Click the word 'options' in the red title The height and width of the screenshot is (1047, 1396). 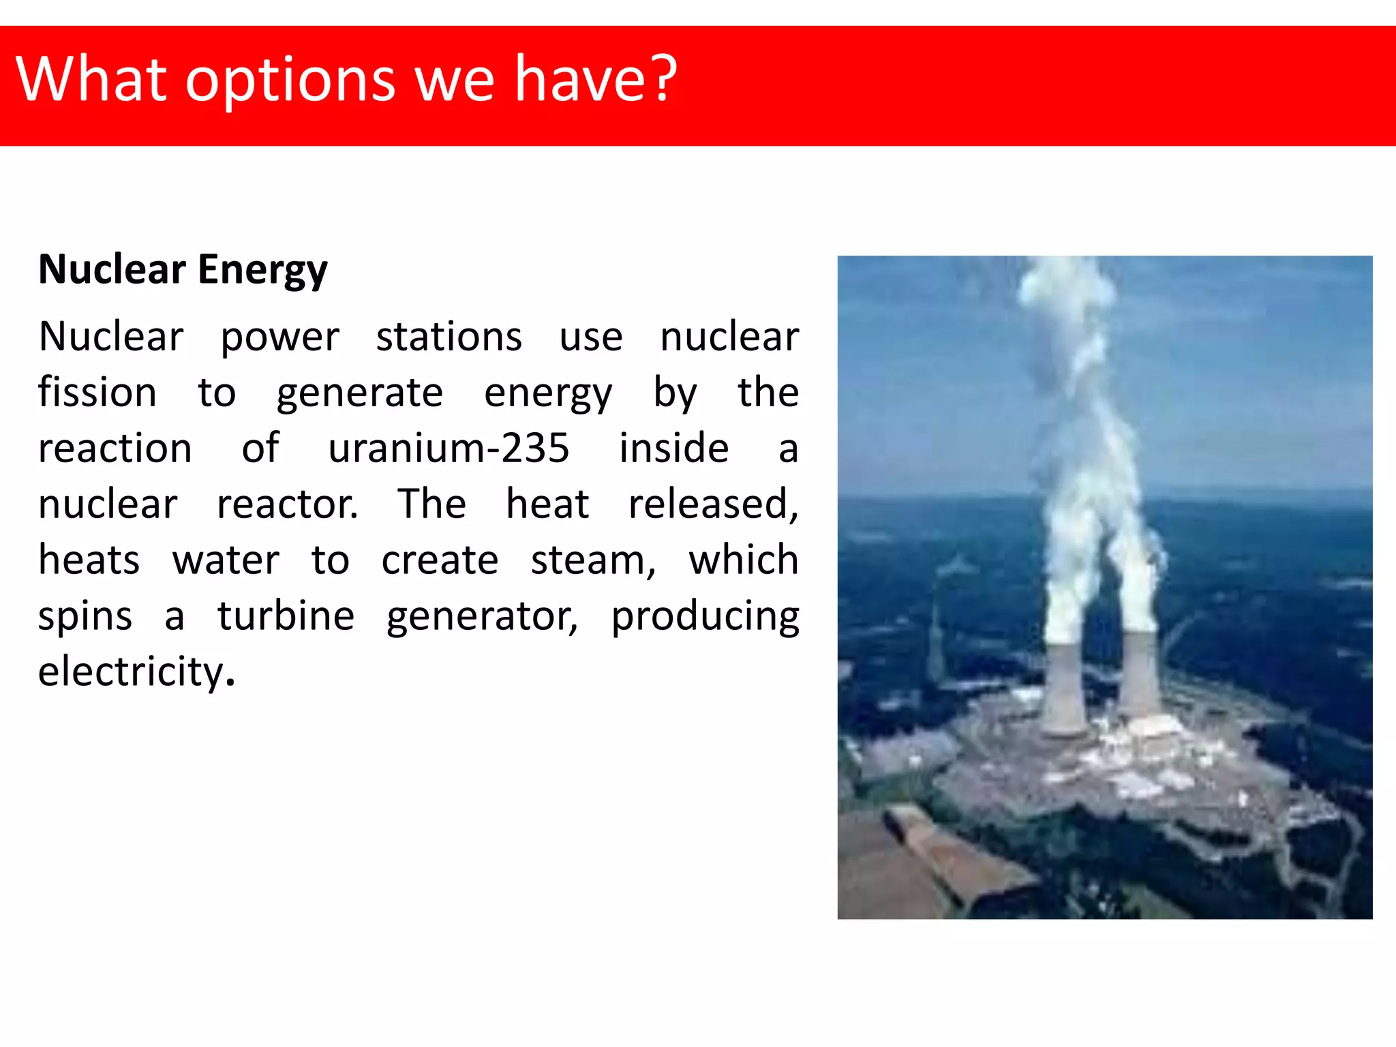pyautogui.click(x=290, y=80)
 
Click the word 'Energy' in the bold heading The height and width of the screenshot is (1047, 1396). pyautogui.click(x=262, y=270)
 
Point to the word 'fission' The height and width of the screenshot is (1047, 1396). pyautogui.click(x=97, y=393)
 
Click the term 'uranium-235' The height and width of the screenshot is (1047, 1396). pyautogui.click(x=449, y=449)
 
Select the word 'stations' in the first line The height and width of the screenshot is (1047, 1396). pyautogui.click(x=449, y=337)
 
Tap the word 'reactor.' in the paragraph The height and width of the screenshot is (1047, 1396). pyautogui.click(x=287, y=504)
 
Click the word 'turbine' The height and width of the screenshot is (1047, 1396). pyautogui.click(x=286, y=616)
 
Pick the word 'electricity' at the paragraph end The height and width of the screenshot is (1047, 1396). pyautogui.click(x=131, y=672)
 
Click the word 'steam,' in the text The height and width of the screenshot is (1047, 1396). pyautogui.click(x=593, y=560)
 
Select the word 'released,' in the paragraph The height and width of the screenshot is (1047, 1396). pyautogui.click(x=713, y=504)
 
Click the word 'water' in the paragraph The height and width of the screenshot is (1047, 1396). pyautogui.click(x=226, y=560)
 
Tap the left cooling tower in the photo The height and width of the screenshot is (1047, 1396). pyautogui.click(x=1062, y=688)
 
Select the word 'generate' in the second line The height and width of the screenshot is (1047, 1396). pyautogui.click(x=359, y=394)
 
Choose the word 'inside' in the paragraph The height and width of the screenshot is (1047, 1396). pyautogui.click(x=673, y=449)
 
